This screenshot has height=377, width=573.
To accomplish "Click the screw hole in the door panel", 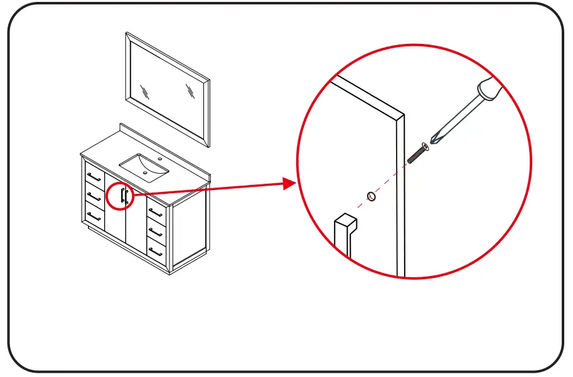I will pyautogui.click(x=372, y=196).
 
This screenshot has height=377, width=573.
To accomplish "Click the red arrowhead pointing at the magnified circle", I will pyautogui.click(x=289, y=183).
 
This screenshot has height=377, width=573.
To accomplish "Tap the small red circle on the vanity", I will pyautogui.click(x=120, y=196).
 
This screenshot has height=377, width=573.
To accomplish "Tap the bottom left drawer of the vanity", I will pyautogui.click(x=94, y=216).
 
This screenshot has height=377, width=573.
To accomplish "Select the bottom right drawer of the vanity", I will pyautogui.click(x=156, y=252).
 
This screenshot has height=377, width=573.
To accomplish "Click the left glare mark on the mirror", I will pyautogui.click(x=145, y=92).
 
